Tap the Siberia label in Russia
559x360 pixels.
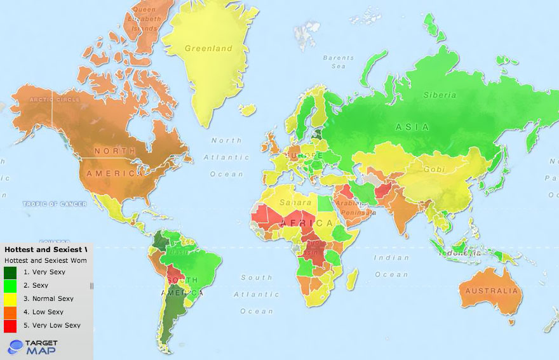tap(440, 95)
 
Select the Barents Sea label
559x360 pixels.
tap(337, 62)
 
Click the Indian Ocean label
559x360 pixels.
tap(391, 266)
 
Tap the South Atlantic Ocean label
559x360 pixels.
tap(256, 294)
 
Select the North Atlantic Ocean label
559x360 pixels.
tap(226, 157)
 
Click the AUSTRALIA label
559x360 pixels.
tap(491, 291)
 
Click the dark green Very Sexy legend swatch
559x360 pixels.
tap(10, 272)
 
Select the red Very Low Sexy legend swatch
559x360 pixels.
tap(10, 326)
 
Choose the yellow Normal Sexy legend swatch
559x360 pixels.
tap(10, 299)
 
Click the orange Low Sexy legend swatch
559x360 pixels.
tap(10, 312)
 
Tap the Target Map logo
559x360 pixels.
tap(33, 347)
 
